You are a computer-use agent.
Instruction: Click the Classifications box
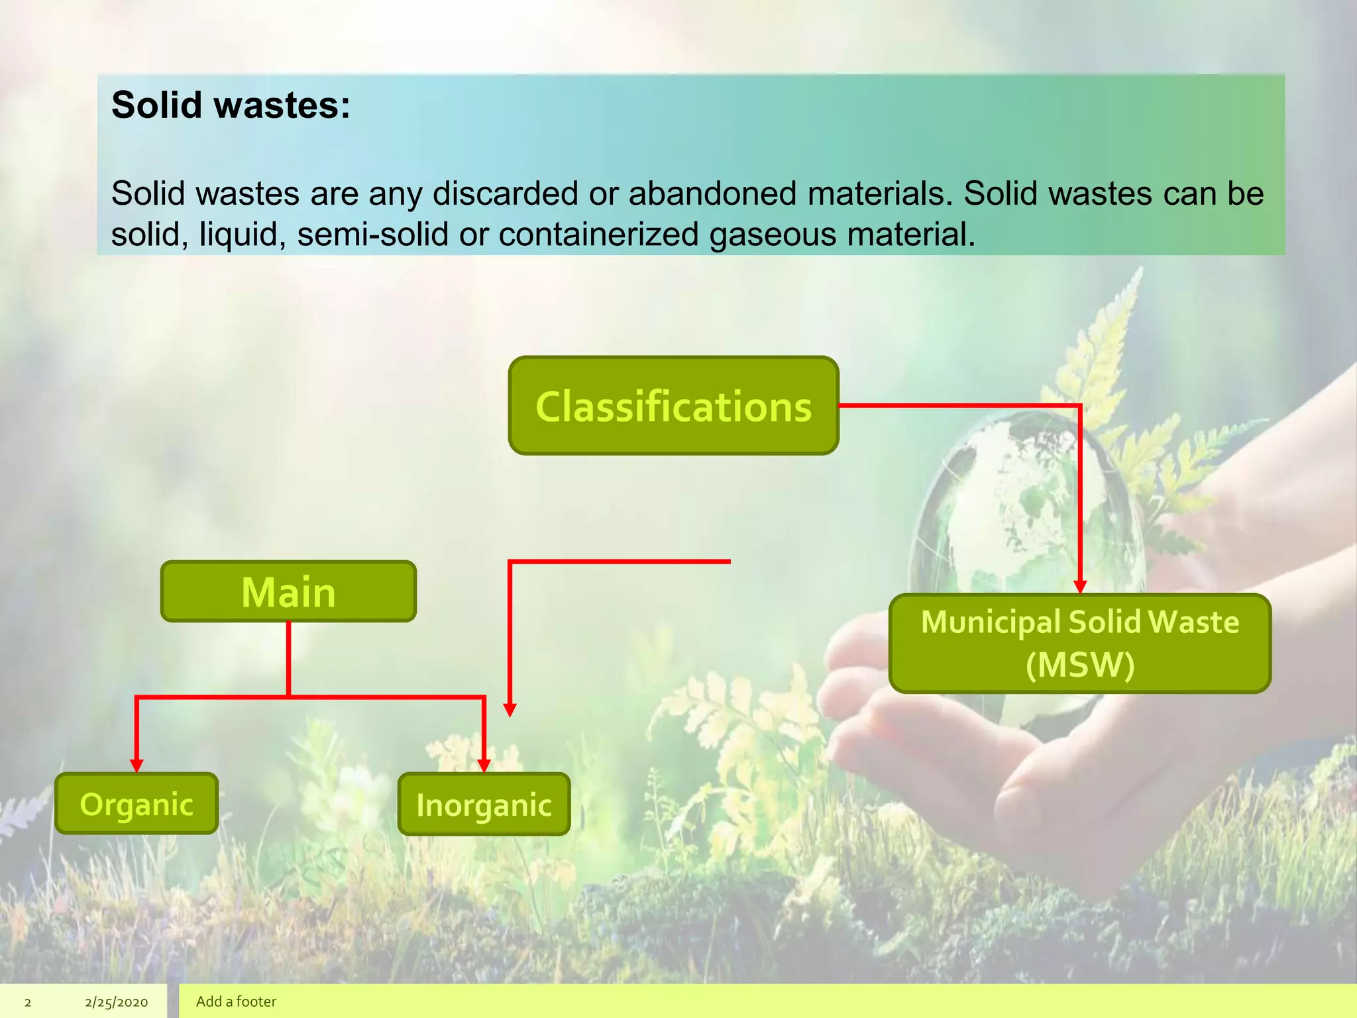coord(673,406)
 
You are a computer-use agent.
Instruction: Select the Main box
coord(288,591)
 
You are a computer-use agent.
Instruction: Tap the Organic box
coord(136,803)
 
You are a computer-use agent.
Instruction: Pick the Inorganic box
coord(484,805)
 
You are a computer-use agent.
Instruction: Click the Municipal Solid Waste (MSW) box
coord(1079,643)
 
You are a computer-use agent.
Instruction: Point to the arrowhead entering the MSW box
coord(1080,587)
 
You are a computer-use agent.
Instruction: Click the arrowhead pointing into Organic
coord(136,765)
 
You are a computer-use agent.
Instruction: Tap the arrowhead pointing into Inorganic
coord(484,765)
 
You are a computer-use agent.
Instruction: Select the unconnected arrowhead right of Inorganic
coord(510,710)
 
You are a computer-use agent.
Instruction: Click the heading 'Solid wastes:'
coord(231,105)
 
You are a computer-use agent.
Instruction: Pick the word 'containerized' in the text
coord(598,235)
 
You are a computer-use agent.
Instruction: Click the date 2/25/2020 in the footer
coord(116,1002)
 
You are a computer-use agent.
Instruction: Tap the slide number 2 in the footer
coord(28,1002)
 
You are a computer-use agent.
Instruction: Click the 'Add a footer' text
coord(236,1001)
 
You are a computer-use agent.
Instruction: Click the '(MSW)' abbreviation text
coord(1080,665)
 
